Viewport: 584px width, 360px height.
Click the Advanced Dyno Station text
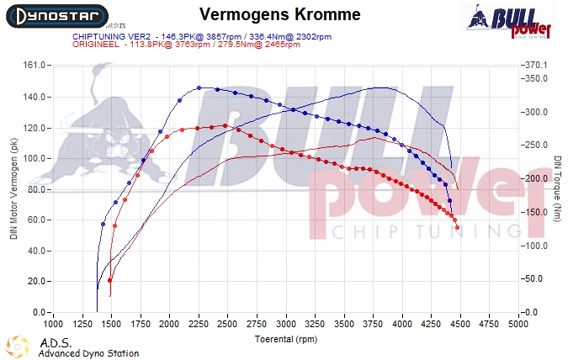click(x=88, y=353)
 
